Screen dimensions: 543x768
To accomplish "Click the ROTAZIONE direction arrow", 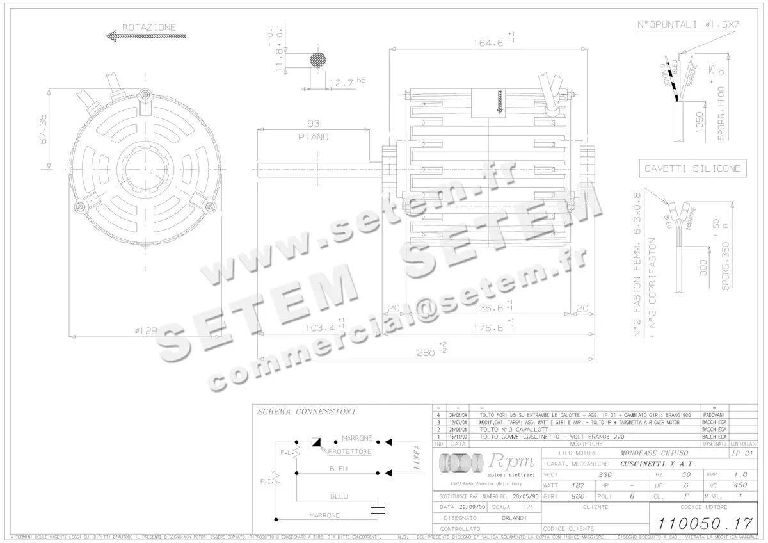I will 140,38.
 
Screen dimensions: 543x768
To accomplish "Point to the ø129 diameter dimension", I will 146,330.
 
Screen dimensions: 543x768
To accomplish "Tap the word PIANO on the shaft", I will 313,137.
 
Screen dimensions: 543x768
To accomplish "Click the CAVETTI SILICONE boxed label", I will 692,168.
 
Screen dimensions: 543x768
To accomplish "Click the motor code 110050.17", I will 701,523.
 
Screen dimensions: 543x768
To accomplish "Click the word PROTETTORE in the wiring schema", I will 349,451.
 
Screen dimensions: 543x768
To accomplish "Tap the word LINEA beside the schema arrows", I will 417,457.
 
